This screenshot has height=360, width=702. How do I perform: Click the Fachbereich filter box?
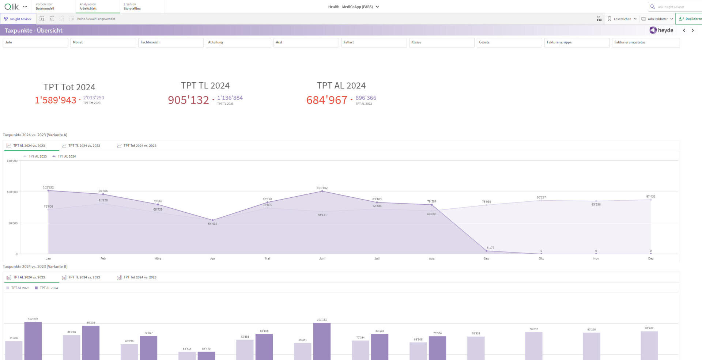point(170,42)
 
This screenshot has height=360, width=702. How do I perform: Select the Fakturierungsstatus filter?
point(645,42)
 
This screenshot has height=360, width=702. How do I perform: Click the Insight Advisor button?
point(18,19)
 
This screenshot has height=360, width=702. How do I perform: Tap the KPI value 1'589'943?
point(56,100)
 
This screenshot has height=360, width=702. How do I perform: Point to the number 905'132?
point(188,100)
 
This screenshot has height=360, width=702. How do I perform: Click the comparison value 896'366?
point(366,98)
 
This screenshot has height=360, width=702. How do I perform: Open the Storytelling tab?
point(132,7)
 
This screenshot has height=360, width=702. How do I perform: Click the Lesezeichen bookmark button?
point(622,19)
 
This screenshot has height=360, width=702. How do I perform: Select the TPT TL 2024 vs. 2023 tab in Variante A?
point(84,146)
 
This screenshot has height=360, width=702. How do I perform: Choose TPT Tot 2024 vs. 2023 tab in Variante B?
point(139,277)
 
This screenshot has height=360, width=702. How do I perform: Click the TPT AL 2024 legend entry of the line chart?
point(67,156)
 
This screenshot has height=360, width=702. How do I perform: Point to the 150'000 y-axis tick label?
point(12,161)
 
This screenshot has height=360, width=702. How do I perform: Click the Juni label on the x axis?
point(322,259)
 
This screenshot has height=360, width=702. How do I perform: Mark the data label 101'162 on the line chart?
point(322,188)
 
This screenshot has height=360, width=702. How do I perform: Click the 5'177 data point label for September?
point(490,248)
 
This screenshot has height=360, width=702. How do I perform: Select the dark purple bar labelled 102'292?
point(33,340)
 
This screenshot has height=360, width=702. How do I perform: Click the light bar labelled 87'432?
point(649,345)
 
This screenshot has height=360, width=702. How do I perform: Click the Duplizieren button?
point(690,19)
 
